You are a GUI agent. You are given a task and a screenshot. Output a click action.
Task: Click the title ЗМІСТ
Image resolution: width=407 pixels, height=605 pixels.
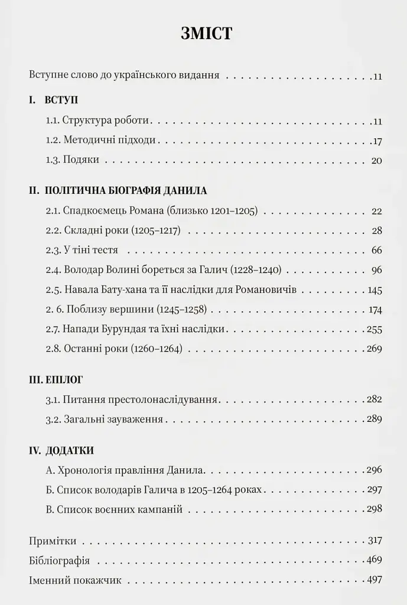(207, 34)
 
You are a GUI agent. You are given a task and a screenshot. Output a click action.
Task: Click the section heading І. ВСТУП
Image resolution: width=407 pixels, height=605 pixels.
(54, 100)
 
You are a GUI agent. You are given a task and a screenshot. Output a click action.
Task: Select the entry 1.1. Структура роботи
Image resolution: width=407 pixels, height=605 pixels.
(98, 121)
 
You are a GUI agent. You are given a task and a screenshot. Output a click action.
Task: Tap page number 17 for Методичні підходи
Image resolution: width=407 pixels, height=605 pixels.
(378, 141)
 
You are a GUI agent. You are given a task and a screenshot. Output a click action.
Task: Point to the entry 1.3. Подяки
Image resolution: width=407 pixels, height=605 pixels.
(73, 161)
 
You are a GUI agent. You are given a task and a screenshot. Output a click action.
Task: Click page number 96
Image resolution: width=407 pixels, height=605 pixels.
(377, 271)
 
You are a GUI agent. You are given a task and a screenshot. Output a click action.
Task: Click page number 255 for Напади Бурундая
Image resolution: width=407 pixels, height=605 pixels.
(375, 330)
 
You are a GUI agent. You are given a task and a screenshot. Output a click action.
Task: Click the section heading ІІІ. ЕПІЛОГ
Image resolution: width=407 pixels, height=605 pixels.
(57, 380)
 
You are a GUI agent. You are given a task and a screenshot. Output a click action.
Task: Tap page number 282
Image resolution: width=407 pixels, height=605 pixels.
(375, 400)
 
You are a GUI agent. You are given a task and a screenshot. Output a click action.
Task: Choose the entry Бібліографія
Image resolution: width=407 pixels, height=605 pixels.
(59, 560)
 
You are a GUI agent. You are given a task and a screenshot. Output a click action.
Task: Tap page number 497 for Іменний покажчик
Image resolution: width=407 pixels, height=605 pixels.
(375, 580)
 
